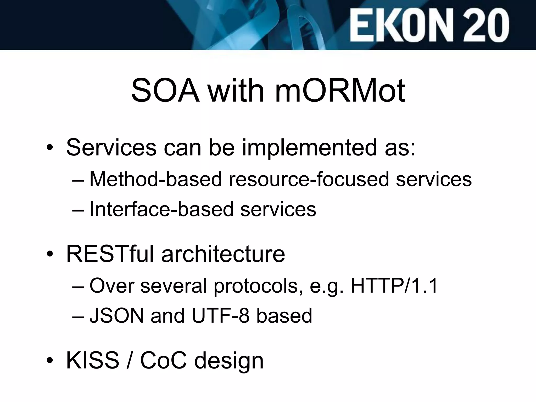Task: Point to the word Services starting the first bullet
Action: click(111, 148)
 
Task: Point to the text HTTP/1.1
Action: click(394, 286)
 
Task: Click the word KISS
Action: click(93, 361)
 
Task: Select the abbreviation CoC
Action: click(164, 361)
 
